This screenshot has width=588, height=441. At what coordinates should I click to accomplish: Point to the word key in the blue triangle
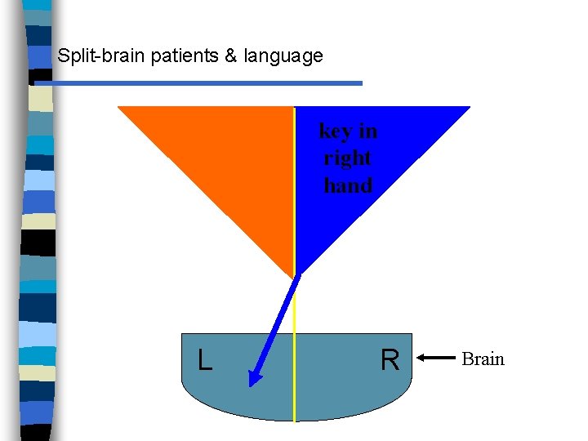pyautogui.click(x=335, y=131)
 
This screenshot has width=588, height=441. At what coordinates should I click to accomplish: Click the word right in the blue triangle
pyautogui.click(x=348, y=158)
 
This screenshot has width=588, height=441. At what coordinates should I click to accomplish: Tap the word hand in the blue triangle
pyautogui.click(x=348, y=185)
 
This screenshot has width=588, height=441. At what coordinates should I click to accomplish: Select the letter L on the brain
pyautogui.click(x=205, y=360)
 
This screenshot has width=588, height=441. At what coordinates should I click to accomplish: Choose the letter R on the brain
pyautogui.click(x=390, y=360)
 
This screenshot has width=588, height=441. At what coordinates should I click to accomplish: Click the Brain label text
pyautogui.click(x=483, y=359)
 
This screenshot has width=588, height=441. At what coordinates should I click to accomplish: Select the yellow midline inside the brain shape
pyautogui.click(x=294, y=392)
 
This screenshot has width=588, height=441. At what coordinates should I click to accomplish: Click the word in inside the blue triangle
pyautogui.click(x=368, y=131)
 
